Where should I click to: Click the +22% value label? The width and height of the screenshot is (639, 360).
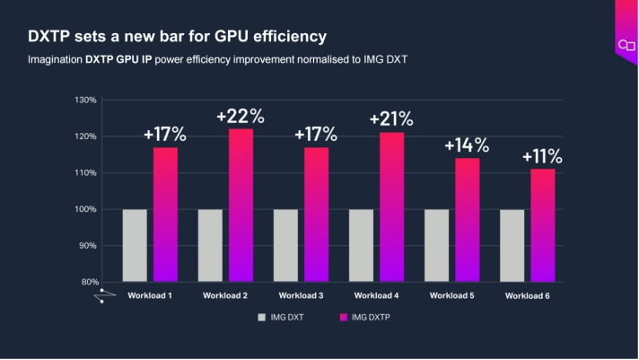(x=241, y=116)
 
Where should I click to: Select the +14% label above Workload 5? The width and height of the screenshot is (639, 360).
(x=467, y=145)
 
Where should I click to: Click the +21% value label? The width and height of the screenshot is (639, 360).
(x=391, y=119)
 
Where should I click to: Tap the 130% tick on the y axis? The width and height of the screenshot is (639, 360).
(x=85, y=100)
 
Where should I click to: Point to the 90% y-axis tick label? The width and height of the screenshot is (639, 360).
(x=87, y=245)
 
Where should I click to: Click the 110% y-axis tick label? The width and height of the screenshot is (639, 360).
(x=85, y=172)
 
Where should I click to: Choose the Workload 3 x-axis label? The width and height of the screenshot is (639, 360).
(x=302, y=295)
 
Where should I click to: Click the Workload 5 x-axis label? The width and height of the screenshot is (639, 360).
(x=452, y=295)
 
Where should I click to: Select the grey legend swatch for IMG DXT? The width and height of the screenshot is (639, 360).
(x=262, y=317)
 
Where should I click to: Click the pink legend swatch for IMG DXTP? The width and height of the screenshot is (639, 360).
(x=342, y=317)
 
